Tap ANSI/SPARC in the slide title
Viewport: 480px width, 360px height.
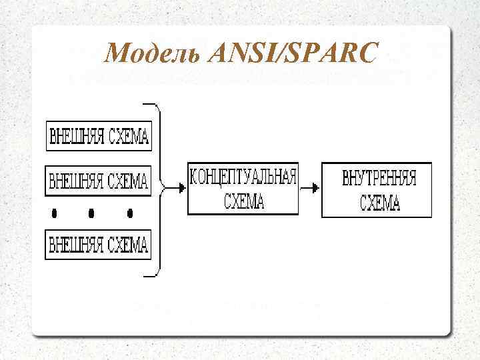293,53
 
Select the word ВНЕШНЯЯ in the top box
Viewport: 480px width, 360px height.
76,137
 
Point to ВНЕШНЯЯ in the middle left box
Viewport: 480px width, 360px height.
76,181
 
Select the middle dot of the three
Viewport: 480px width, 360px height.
91,214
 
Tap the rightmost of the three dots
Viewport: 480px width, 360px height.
130,214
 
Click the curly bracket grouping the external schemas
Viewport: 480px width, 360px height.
158,189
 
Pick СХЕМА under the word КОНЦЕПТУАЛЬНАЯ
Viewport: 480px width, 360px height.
243,201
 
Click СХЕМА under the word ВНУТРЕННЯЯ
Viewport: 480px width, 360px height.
379,203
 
